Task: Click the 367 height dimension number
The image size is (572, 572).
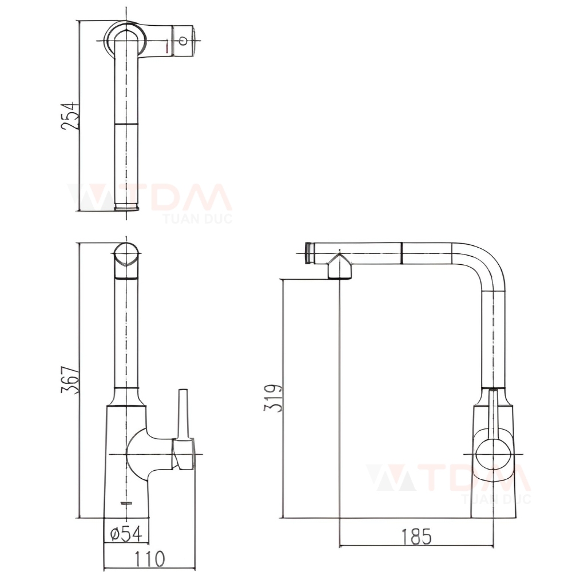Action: point(70,380)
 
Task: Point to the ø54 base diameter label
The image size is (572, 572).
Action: point(126,534)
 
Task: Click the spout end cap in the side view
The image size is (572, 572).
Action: point(309,253)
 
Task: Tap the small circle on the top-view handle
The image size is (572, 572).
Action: point(183,40)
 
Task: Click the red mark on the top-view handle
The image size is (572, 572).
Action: point(167,48)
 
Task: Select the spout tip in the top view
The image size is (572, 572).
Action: point(126,206)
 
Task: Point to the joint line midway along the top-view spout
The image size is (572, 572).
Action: point(126,123)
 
